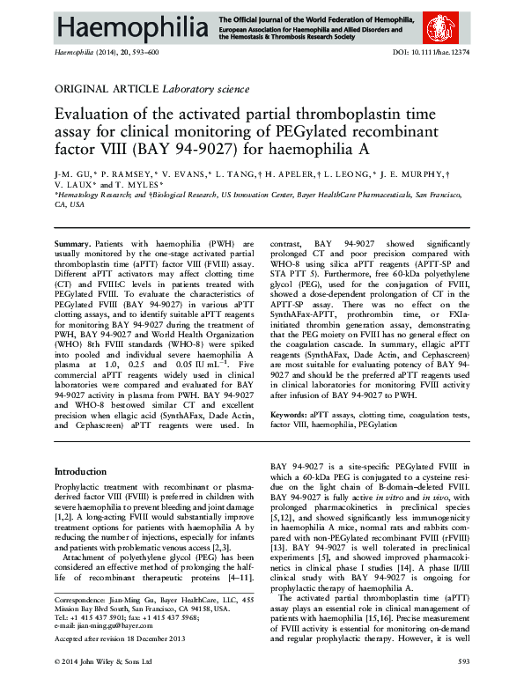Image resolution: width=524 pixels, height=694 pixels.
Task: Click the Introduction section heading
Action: (x=80, y=472)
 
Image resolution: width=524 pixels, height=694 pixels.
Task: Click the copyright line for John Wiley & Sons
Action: (x=104, y=684)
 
